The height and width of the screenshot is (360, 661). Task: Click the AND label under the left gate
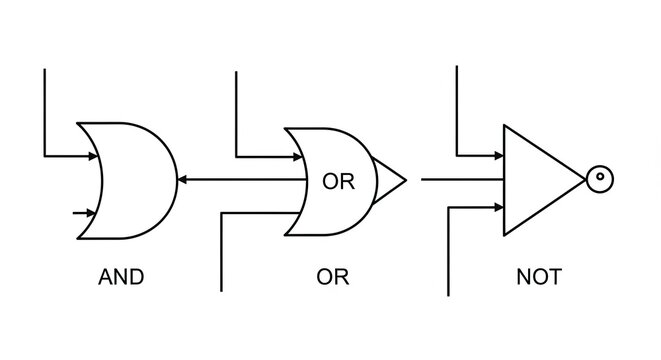121,277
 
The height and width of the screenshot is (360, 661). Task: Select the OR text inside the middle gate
338,182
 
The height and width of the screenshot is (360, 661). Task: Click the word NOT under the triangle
539,277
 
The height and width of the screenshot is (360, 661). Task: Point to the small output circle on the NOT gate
599,180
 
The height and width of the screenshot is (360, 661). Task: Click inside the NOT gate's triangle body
535,180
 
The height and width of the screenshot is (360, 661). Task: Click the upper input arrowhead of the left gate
92,155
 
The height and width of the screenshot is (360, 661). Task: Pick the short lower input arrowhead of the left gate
91,213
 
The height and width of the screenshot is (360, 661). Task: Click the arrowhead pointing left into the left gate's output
183,180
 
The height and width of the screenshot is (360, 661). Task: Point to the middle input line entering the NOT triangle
460,180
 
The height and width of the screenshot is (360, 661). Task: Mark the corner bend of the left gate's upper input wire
45,155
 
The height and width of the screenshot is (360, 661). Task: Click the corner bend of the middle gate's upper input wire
235,155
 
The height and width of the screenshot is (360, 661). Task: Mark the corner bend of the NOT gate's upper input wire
457,155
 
